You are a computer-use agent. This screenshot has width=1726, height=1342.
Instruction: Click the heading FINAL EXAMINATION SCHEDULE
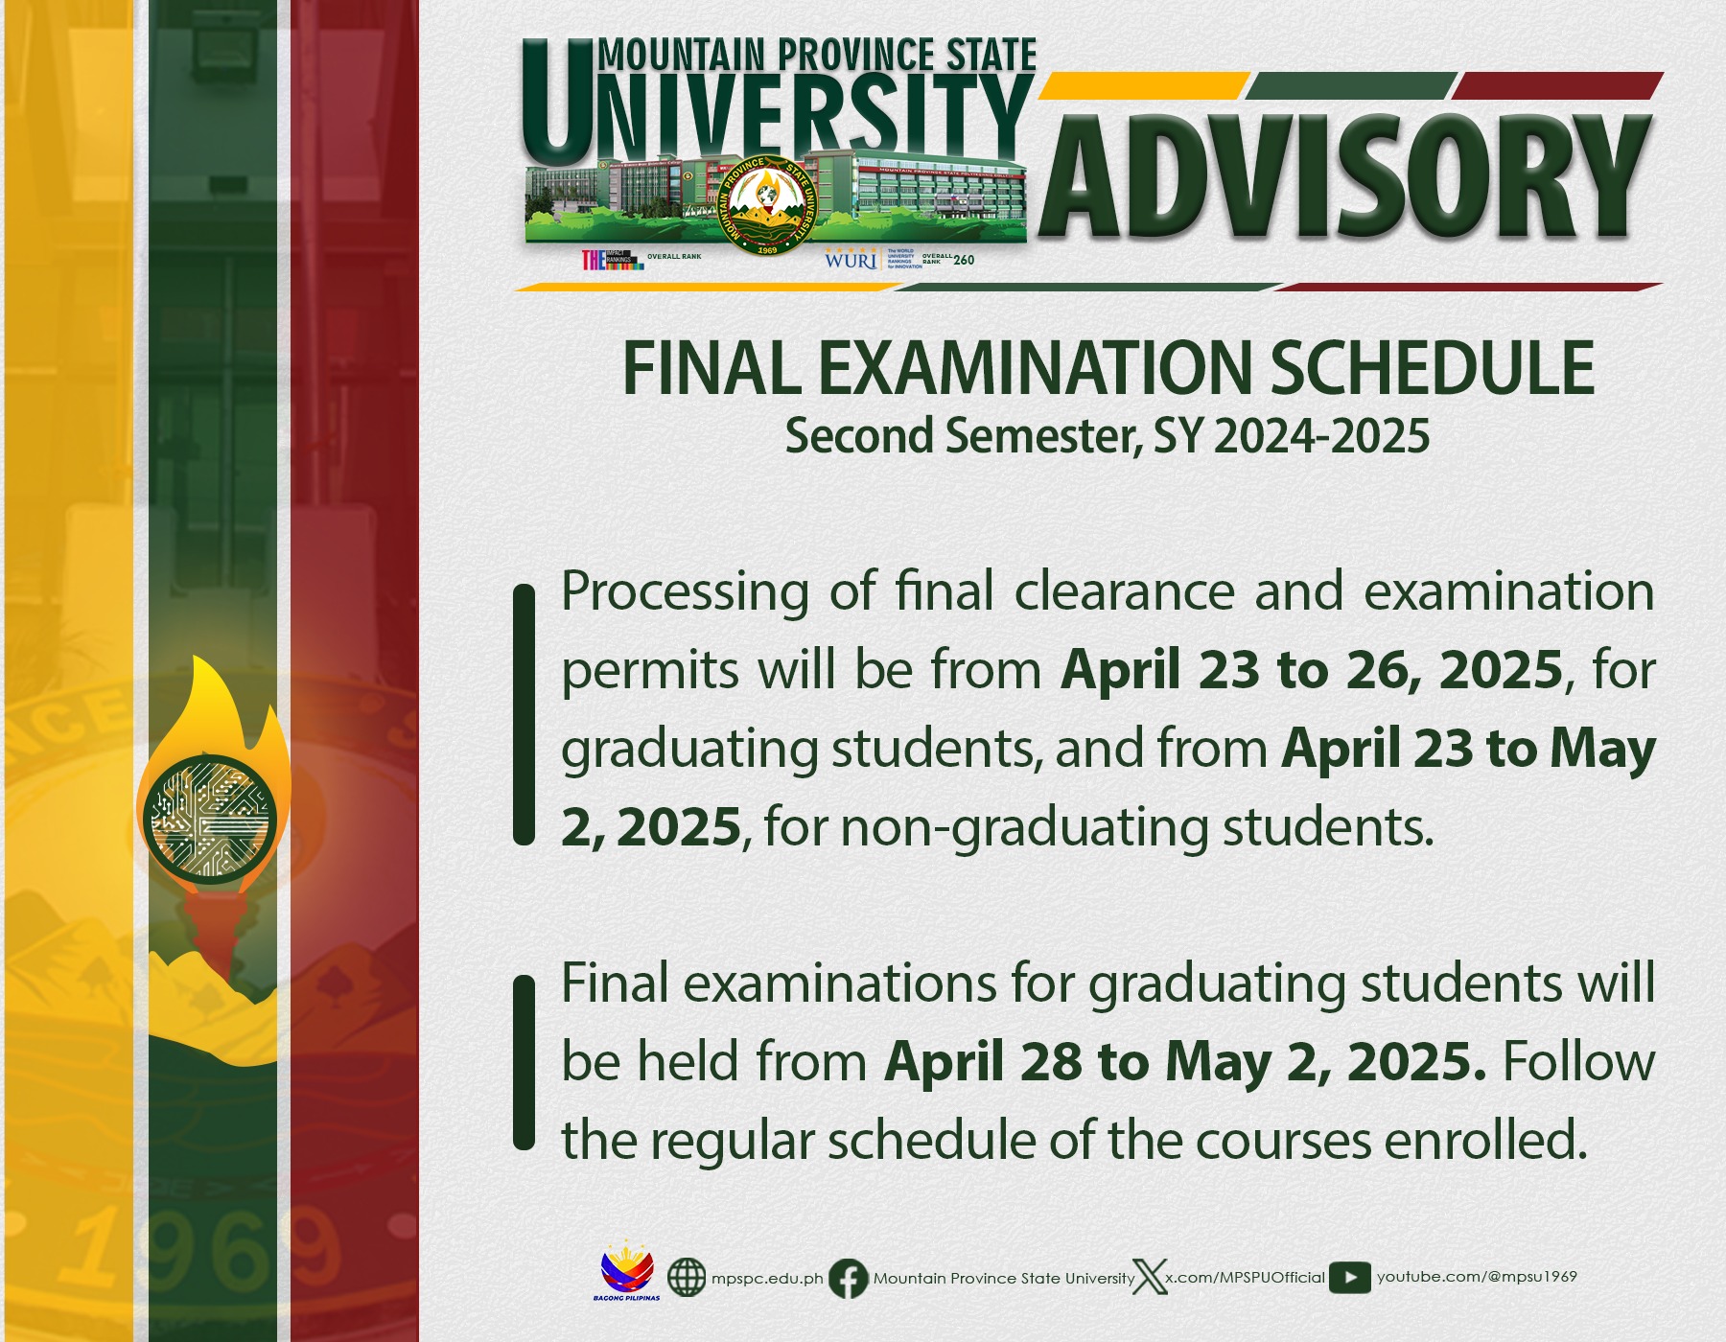click(x=1108, y=369)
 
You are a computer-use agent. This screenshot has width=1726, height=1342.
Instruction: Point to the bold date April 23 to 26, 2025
click(x=1312, y=669)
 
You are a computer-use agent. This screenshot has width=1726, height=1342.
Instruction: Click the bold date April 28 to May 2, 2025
click(x=1185, y=1062)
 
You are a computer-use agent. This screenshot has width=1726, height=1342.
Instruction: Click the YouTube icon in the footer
click(x=1349, y=1278)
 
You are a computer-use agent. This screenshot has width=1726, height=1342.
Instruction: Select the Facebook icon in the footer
click(x=848, y=1279)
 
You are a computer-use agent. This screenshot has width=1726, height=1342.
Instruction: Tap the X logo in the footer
click(x=1149, y=1278)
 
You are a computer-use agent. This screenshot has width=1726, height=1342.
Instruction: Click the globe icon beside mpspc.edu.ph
click(x=686, y=1278)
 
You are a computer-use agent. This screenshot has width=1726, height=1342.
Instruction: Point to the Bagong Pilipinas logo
click(x=627, y=1275)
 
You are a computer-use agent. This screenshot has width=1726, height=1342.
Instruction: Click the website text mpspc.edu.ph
click(x=767, y=1279)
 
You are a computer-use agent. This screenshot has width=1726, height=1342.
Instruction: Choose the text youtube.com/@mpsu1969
click(x=1477, y=1277)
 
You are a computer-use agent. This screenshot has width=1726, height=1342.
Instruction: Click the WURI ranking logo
click(x=851, y=260)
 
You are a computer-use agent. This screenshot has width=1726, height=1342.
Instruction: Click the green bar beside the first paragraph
click(x=524, y=714)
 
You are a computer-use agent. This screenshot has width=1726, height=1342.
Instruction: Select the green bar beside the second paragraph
click(x=524, y=1062)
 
